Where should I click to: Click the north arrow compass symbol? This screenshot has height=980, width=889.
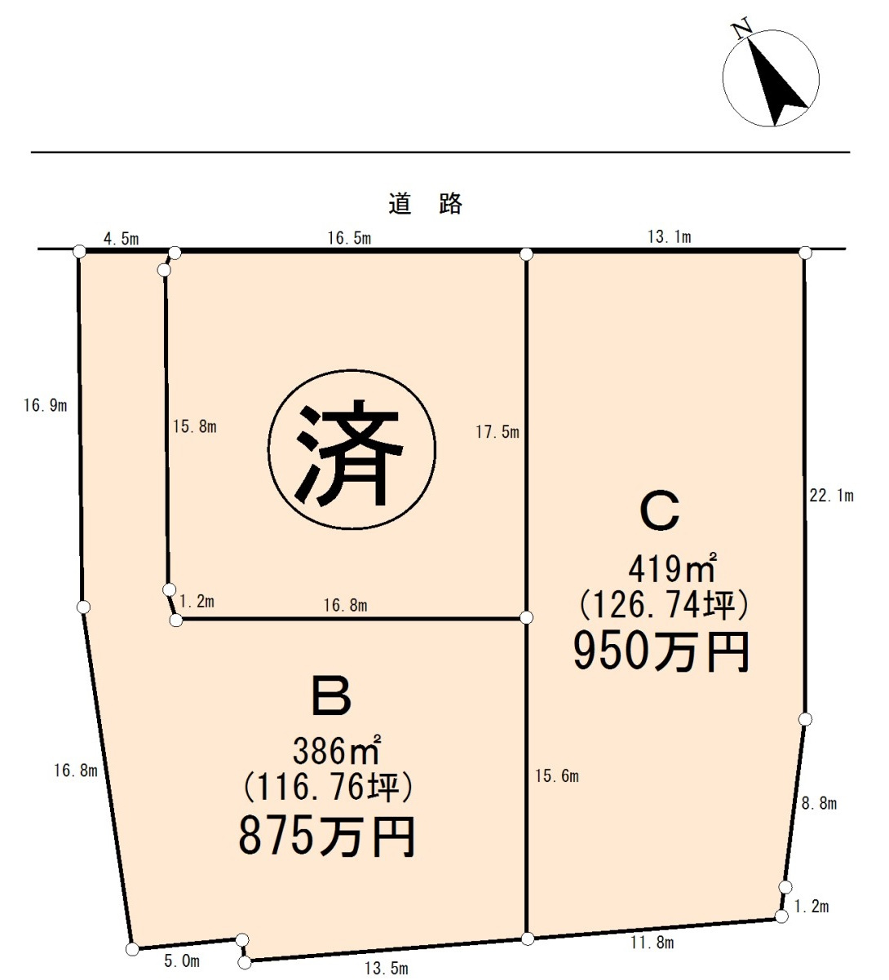click(771, 77)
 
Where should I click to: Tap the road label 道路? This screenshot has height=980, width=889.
click(425, 203)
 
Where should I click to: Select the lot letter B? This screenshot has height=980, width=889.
click(331, 695)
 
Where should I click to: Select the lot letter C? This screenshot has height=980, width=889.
click(659, 510)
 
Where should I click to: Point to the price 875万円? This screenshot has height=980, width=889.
click(327, 837)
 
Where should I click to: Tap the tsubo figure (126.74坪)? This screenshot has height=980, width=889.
click(663, 605)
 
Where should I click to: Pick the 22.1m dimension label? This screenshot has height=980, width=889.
click(831, 496)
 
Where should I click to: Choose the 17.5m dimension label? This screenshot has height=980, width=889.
click(498, 432)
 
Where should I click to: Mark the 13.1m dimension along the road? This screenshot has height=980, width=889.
click(669, 237)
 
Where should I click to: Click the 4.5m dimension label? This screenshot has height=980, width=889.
click(122, 238)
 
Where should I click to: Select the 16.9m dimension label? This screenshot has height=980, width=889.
click(45, 405)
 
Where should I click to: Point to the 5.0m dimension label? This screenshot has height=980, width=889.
click(182, 962)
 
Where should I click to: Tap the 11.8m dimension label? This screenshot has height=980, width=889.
click(652, 943)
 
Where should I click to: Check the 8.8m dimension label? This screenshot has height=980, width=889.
click(819, 804)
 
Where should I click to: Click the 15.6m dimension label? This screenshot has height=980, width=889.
click(557, 776)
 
